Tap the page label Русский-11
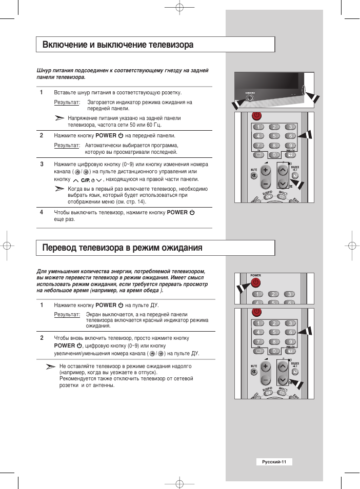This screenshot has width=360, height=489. pos(274,462)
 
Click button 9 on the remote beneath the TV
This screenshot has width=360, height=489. pos(290,145)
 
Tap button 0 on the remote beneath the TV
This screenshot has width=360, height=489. pos(274,154)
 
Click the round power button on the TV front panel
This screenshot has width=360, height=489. pos(250,98)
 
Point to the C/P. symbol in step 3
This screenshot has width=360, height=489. pos(85,180)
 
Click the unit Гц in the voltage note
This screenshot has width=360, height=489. pos(157,125)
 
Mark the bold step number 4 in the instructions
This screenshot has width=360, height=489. pos(42,212)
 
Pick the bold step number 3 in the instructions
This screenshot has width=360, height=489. pos(42,164)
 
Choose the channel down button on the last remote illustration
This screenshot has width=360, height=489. pos(282,380)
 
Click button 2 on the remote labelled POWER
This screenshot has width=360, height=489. pos(274,294)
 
